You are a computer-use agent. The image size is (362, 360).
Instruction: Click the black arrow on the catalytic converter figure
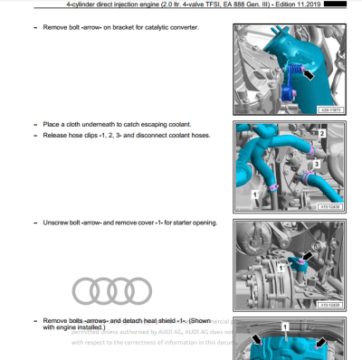(310, 74)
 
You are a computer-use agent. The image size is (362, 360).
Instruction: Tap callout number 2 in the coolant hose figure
(321, 134)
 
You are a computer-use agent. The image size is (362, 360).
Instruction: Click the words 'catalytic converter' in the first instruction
(171, 27)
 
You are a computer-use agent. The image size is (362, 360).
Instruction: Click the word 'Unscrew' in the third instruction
(58, 223)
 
